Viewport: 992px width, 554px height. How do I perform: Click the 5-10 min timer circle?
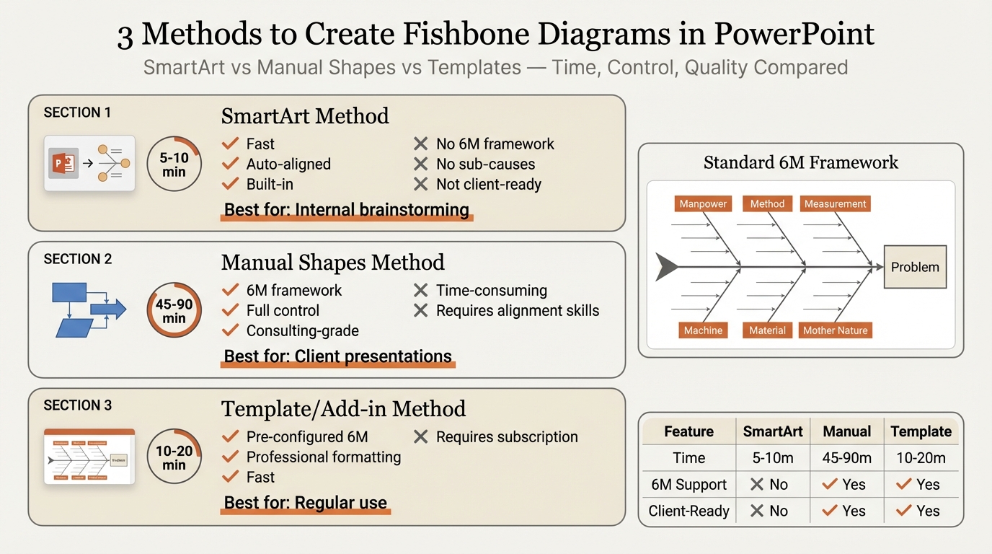pos(174,164)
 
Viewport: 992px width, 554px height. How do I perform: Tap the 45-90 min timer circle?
pos(174,311)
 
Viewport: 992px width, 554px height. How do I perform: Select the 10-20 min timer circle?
pos(174,457)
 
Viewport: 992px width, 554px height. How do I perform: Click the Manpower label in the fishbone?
pos(703,204)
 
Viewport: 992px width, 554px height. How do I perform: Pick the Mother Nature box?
pos(836,330)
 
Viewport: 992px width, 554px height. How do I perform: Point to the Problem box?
pos(915,267)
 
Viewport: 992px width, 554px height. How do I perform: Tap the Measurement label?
pos(835,204)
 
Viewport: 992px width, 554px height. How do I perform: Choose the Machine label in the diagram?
pos(703,330)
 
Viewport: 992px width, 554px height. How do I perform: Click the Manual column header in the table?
pos(847,431)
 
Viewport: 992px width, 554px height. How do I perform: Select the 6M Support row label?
pos(688,485)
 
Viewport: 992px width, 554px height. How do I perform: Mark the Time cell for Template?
pos(921,458)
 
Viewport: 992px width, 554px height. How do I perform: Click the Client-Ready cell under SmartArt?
pos(769,511)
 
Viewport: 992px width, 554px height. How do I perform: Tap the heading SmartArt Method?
pos(305,116)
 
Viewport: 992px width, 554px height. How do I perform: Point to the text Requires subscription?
pos(506,437)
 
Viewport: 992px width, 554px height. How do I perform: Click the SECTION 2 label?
pos(78,259)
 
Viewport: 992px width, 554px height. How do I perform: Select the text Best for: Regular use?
pos(305,503)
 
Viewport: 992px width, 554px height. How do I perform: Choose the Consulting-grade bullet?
pos(302,331)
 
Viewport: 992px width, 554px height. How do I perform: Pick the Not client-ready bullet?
pos(488,185)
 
